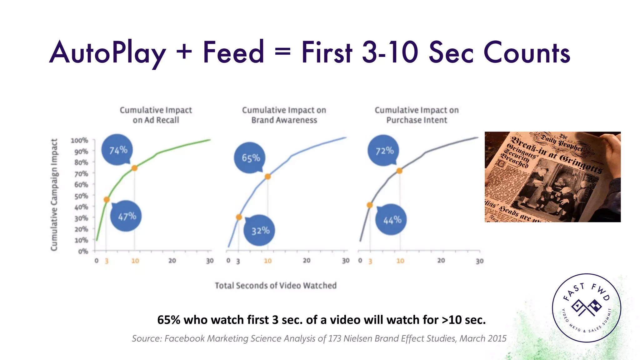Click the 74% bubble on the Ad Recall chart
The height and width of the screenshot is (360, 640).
coord(117,150)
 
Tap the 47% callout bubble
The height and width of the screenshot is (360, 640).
coord(126,216)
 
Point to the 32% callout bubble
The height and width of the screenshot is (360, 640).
coord(260,231)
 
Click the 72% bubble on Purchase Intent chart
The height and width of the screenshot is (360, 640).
coord(384,151)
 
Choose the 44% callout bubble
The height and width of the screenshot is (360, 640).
coord(392,220)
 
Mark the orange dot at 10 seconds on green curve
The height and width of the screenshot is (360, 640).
coord(134,168)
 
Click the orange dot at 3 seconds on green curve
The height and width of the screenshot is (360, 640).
coord(107,200)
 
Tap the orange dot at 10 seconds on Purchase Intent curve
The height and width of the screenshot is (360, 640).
coord(399,171)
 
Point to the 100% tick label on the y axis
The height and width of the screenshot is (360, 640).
coord(79,141)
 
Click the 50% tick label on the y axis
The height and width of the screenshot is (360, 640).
coord(81,196)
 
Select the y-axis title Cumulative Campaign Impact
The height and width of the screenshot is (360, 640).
coord(54,195)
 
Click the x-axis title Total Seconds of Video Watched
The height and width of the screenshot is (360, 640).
coord(276,286)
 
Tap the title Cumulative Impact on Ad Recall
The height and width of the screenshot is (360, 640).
coord(156,115)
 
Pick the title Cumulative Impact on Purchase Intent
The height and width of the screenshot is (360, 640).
coord(417,115)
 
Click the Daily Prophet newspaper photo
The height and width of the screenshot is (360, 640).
coord(552,177)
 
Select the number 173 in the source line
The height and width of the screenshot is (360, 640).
coord(335,338)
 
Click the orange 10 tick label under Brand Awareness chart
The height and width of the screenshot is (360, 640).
coord(268,261)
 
